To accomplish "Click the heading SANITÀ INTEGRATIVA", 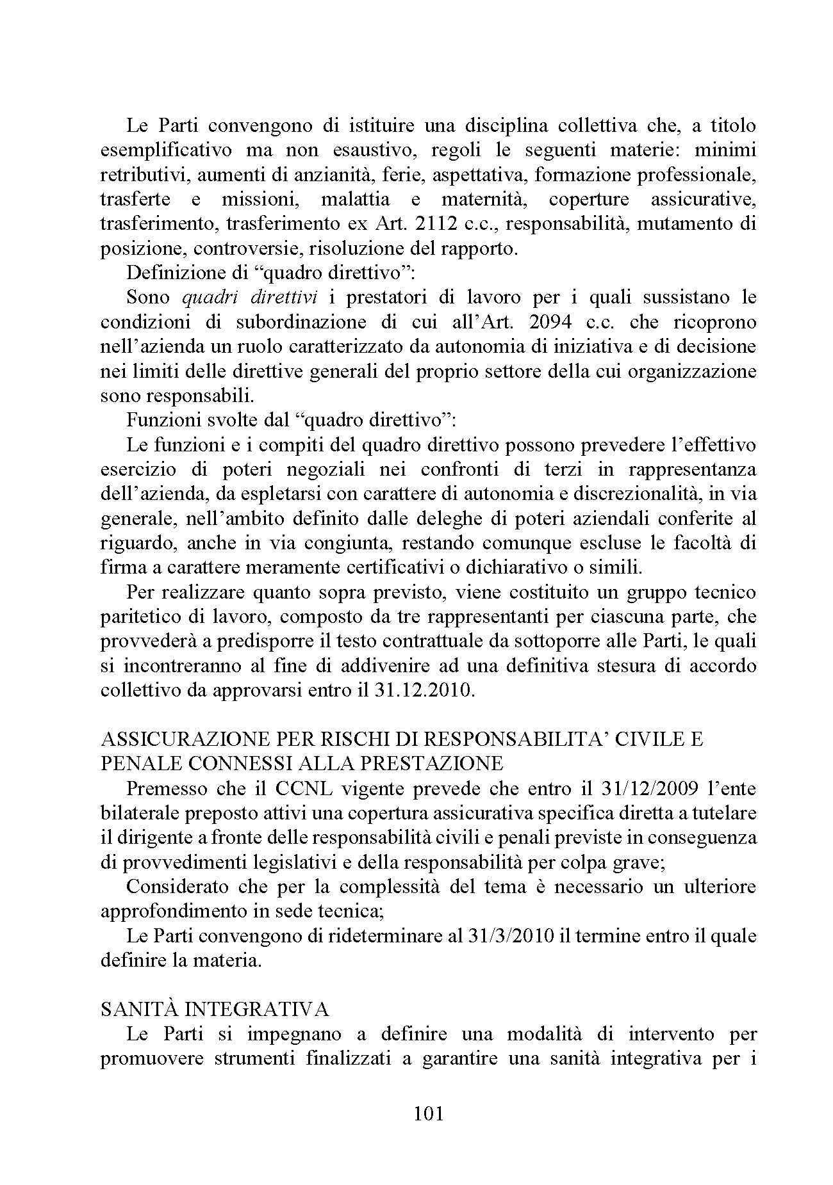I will click(x=215, y=1010).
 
